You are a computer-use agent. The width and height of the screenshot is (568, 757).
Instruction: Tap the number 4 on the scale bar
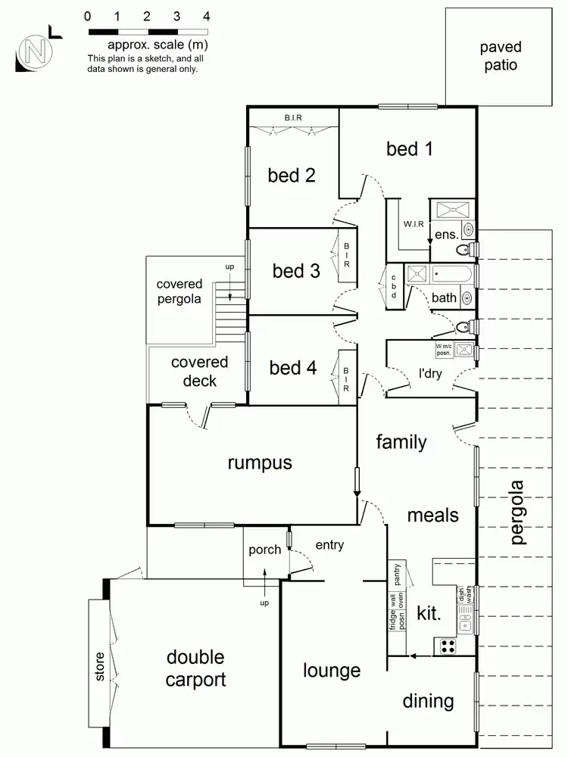click(x=207, y=16)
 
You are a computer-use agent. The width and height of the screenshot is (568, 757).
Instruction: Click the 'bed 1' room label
click(x=410, y=148)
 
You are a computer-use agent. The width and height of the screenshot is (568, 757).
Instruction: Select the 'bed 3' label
click(x=296, y=270)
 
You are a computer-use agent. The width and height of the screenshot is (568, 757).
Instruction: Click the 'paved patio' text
click(x=499, y=57)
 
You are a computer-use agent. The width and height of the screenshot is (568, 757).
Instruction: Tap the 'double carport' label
click(x=196, y=668)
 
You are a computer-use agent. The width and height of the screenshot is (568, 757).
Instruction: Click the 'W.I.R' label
click(x=414, y=224)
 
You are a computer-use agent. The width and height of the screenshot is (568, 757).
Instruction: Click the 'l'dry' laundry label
click(x=430, y=372)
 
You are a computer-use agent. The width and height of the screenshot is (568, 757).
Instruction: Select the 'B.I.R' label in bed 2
click(x=295, y=117)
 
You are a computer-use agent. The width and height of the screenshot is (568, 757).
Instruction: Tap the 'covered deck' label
click(x=200, y=371)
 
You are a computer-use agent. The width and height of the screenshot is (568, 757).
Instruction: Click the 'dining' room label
click(x=428, y=701)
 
